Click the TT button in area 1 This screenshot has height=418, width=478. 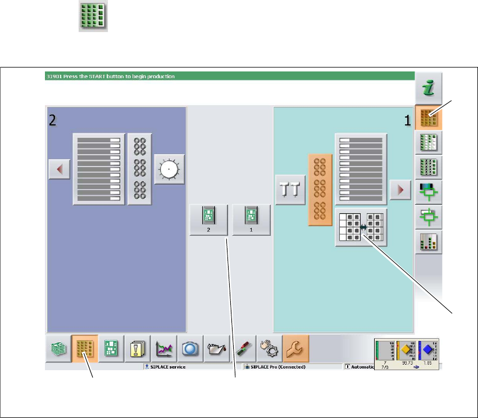pos(290,192)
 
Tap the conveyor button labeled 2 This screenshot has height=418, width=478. pos(208,219)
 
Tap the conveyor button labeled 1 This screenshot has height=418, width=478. pos(251,219)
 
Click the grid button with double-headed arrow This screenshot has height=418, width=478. pos(361,227)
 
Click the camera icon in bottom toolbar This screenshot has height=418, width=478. pos(189,349)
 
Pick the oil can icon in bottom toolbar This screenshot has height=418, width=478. pos(215,349)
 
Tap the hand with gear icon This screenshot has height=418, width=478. pos(269,349)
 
